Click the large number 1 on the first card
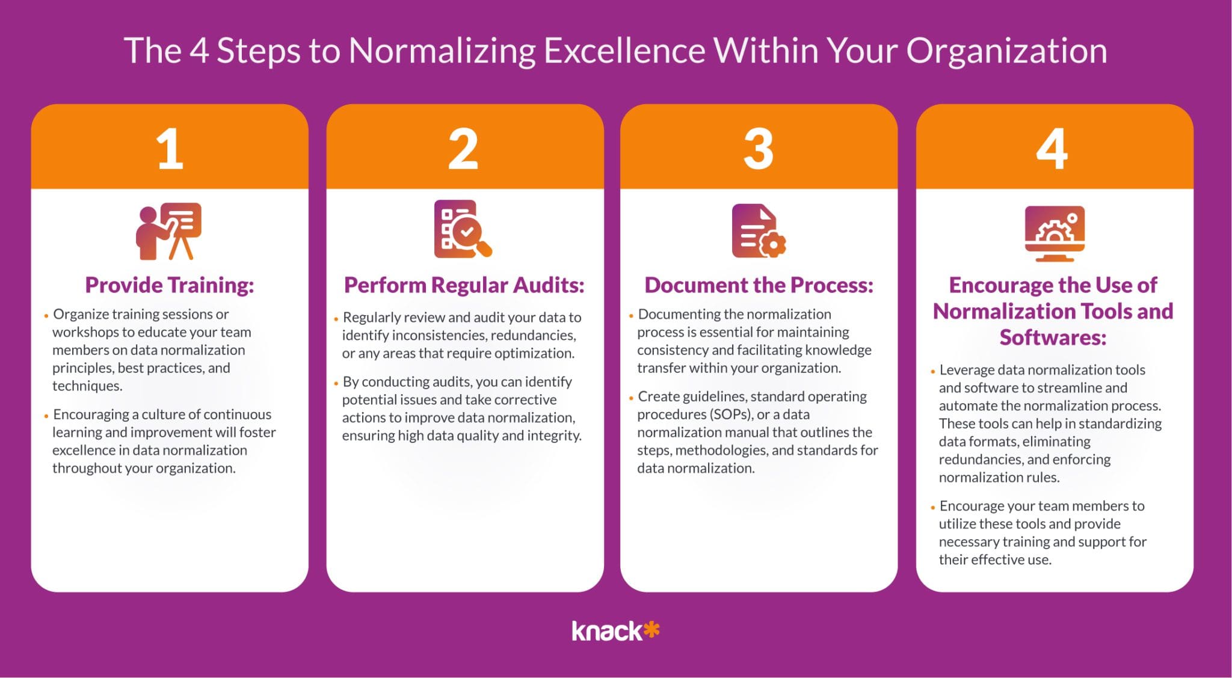point(170,149)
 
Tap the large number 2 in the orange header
point(463,149)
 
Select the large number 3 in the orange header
point(759,149)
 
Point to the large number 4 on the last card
point(1052,149)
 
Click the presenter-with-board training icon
point(168,231)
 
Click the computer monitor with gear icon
point(1055,233)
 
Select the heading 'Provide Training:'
point(170,285)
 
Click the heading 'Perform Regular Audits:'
point(464,285)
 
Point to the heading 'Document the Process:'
point(759,285)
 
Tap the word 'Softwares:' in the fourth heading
point(1053,337)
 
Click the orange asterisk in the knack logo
point(651,630)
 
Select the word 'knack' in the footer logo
point(607,631)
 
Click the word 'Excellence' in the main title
point(624,51)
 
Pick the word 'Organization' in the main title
point(1006,52)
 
